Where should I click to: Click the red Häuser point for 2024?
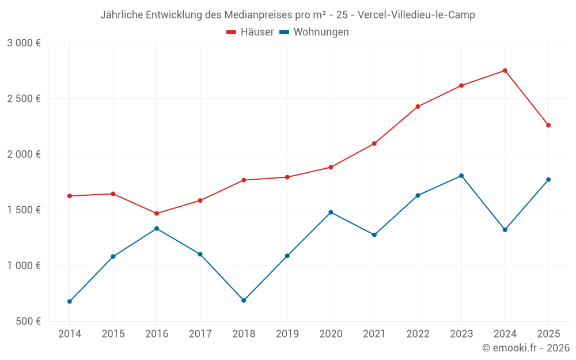(505, 71)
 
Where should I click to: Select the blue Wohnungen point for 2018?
(244, 301)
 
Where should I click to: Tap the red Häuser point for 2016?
(157, 214)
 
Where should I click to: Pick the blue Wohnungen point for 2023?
(461, 176)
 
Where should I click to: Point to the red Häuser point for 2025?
(548, 126)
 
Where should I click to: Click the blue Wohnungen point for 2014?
(70, 301)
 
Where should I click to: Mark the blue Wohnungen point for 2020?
(331, 213)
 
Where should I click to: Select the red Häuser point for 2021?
(374, 143)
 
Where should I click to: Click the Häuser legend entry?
(250, 32)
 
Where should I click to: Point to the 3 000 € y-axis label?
(24, 43)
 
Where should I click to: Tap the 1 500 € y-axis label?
(24, 210)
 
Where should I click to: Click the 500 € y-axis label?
(28, 321)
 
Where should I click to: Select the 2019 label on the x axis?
(287, 334)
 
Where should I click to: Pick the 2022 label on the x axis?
(418, 334)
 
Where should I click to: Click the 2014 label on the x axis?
(70, 334)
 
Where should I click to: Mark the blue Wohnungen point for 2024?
(505, 230)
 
